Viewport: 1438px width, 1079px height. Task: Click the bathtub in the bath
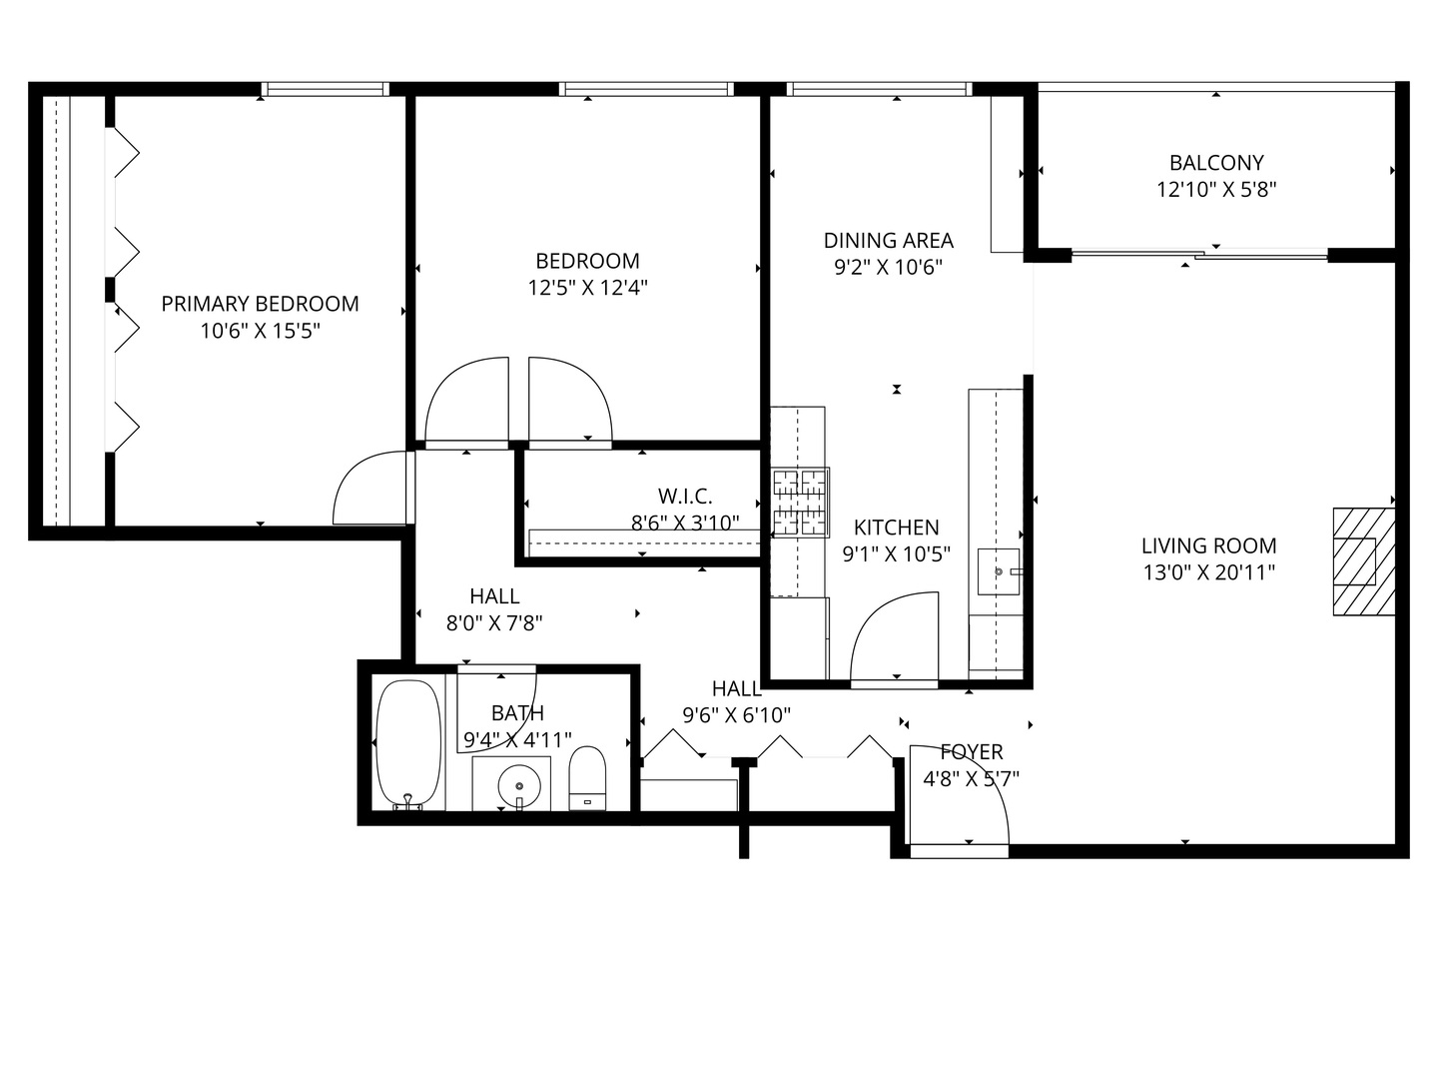pos(408,743)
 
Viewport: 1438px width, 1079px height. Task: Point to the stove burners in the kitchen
pos(800,503)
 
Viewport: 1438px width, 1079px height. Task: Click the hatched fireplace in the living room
pos(1363,561)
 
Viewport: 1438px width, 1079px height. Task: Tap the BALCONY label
pos(1216,163)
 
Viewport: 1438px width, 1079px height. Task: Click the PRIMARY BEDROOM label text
pos(260,304)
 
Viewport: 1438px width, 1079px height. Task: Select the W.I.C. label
pos(685,496)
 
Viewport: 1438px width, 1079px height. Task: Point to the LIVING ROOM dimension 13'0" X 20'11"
pos(1208,572)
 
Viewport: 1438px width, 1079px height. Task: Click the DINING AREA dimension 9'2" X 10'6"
pos(888,268)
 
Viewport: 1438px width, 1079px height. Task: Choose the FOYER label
pos(971,752)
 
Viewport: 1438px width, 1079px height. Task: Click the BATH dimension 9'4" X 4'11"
pos(517,740)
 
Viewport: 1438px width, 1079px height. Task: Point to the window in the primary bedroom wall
pos(325,90)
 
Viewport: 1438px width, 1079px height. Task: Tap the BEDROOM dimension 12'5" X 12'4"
pos(587,289)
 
